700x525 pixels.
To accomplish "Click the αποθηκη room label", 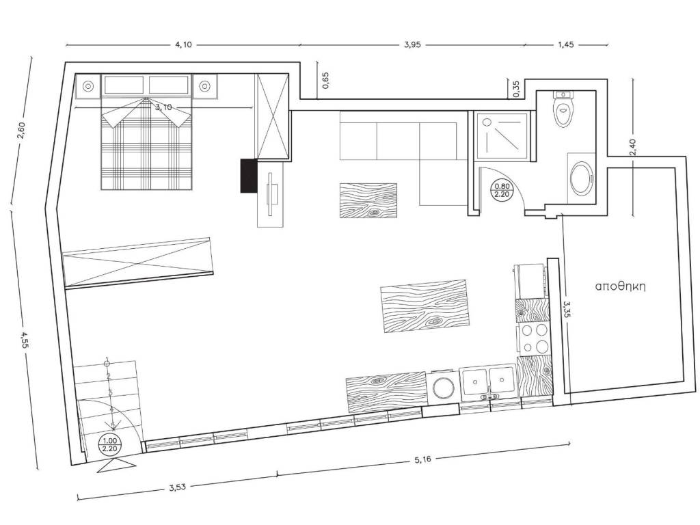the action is click(621, 286).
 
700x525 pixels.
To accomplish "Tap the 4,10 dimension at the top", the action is click(183, 44).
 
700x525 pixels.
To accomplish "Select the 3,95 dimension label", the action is click(412, 44).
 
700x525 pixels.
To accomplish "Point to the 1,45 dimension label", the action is click(565, 44).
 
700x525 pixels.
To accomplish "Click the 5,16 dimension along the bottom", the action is click(422, 459).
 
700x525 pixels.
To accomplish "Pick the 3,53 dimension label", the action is click(177, 487).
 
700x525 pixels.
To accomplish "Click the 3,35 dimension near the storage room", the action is click(567, 309).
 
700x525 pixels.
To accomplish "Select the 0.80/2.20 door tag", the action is click(500, 190).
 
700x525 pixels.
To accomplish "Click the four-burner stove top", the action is click(535, 339).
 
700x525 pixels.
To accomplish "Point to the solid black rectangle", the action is click(249, 176).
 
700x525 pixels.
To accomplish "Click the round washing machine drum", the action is click(444, 387).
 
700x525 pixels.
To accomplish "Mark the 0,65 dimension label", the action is click(325, 81).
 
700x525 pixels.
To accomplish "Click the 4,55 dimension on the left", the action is click(24, 339).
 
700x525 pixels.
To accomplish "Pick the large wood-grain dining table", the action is click(424, 306).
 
